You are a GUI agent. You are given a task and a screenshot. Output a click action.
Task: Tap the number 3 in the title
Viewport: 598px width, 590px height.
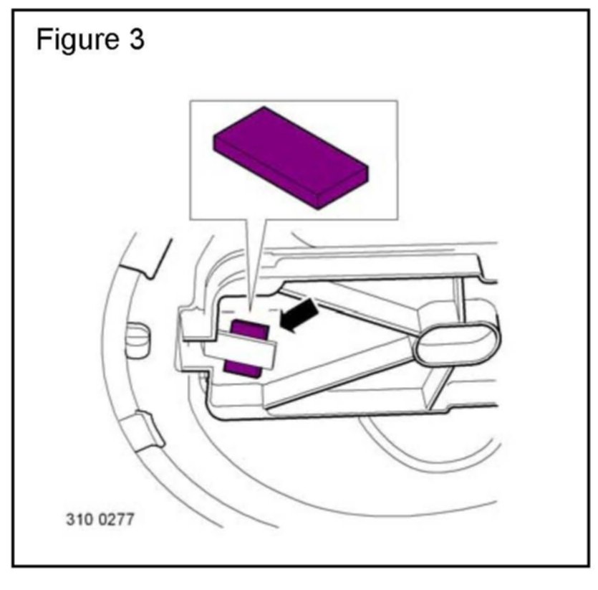tap(136, 40)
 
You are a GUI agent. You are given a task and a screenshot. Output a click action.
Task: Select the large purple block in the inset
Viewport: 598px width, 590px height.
tap(291, 158)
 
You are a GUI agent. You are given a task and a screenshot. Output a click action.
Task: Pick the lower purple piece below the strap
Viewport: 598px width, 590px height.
tap(243, 367)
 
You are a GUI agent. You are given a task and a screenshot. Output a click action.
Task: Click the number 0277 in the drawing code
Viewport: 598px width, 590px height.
tap(112, 518)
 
